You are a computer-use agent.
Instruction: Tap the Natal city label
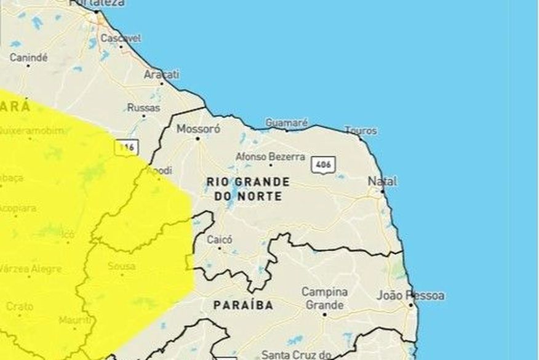pyautogui.click(x=382, y=182)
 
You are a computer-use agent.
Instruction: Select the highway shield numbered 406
pyautogui.click(x=323, y=165)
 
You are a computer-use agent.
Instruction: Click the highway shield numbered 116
pyautogui.click(x=127, y=148)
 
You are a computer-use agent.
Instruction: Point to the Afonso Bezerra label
pyautogui.click(x=270, y=156)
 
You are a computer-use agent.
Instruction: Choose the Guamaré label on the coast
pyautogui.click(x=286, y=123)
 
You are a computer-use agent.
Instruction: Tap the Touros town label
pyautogui.click(x=361, y=130)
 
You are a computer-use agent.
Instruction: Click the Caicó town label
pyautogui.click(x=220, y=239)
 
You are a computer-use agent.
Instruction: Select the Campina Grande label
pyautogui.click(x=324, y=298)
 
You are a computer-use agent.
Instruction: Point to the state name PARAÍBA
pyautogui.click(x=243, y=305)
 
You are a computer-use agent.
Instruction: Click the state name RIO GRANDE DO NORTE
pyautogui.click(x=247, y=189)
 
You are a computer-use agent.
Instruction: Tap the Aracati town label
pyautogui.click(x=162, y=74)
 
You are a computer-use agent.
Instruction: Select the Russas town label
pyautogui.click(x=143, y=108)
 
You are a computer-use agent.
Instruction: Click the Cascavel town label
pyautogui.click(x=121, y=38)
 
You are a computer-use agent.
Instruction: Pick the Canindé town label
pyautogui.click(x=28, y=57)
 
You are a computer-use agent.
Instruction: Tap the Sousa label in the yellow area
pyautogui.click(x=121, y=266)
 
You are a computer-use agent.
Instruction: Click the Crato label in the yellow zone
pyautogui.click(x=20, y=306)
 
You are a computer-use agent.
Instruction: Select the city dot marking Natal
pyautogui.click(x=382, y=191)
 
